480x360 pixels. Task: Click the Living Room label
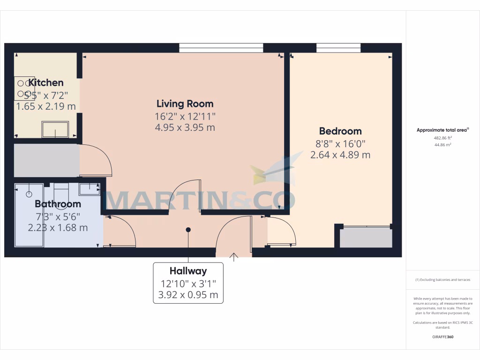(x=185, y=104)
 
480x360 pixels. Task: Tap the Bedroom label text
(x=340, y=131)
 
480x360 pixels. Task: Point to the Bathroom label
(x=58, y=204)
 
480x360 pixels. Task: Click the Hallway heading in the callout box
(x=188, y=271)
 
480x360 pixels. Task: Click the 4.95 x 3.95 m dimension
(x=185, y=127)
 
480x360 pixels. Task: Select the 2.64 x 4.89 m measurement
(x=340, y=155)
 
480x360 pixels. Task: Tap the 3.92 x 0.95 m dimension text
(x=188, y=295)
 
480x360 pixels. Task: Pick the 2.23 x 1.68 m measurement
(x=58, y=228)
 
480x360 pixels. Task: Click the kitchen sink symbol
(x=55, y=129)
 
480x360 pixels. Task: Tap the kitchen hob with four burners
(x=23, y=89)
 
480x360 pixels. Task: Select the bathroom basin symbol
(x=89, y=189)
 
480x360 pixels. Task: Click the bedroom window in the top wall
(x=338, y=47)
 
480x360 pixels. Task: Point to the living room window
(x=221, y=47)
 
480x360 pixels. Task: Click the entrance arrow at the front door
(x=234, y=256)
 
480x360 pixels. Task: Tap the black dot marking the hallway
(x=188, y=230)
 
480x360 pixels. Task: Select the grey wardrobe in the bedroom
(x=366, y=238)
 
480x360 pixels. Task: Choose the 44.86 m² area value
(x=443, y=145)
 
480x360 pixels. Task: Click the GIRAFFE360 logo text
(x=443, y=337)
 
